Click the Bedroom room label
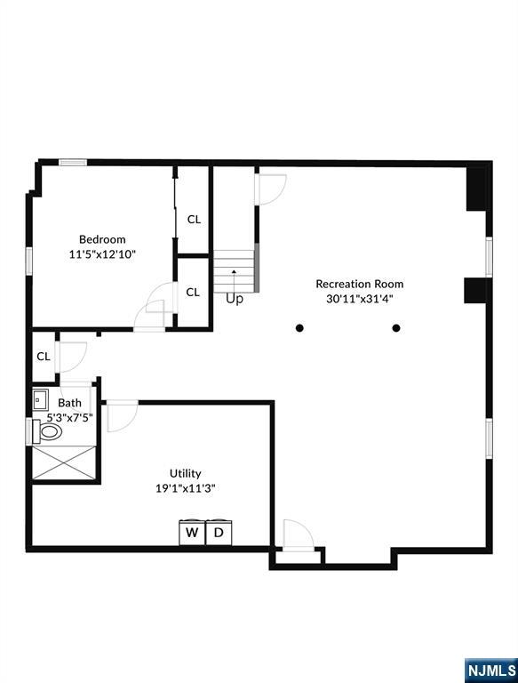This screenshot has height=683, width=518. (x=102, y=239)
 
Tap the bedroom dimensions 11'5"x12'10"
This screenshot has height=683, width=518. (x=102, y=254)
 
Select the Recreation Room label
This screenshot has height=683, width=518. (x=359, y=285)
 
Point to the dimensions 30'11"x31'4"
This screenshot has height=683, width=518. (x=359, y=300)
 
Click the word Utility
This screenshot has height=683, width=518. (x=186, y=473)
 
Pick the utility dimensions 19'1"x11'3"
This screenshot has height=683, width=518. (x=186, y=488)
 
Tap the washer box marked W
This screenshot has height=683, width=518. (x=191, y=534)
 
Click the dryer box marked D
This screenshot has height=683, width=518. (x=219, y=534)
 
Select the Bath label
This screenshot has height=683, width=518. (x=69, y=403)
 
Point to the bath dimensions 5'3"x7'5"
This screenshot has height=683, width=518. (x=70, y=416)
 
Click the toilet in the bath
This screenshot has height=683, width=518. (x=48, y=432)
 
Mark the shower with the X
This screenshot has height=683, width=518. (x=63, y=462)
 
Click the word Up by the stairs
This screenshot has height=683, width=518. (x=234, y=300)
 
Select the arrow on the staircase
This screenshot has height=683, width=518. (x=234, y=272)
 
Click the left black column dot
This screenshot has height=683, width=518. (x=300, y=328)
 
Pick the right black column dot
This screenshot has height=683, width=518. (x=396, y=328)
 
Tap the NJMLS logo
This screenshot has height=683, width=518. (x=490, y=670)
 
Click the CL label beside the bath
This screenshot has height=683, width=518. (x=43, y=357)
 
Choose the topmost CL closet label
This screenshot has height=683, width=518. (x=193, y=220)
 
